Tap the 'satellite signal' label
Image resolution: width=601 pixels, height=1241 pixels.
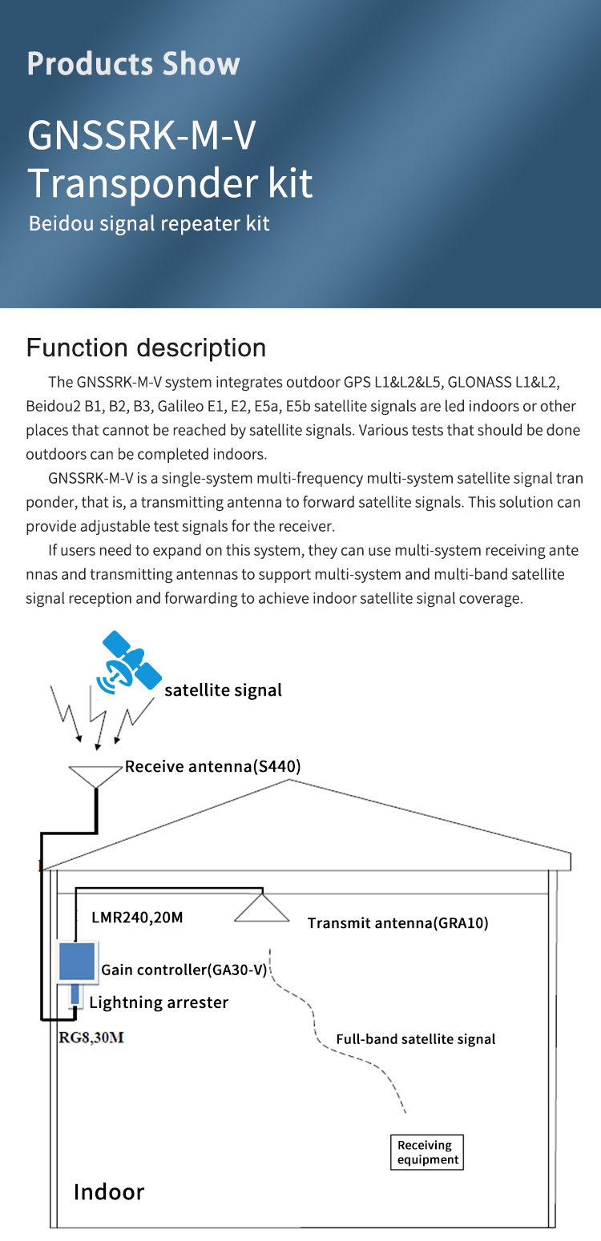pyautogui.click(x=223, y=690)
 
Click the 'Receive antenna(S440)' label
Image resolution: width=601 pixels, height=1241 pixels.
pyautogui.click(x=212, y=766)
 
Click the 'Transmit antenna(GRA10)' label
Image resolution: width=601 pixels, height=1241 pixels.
pyautogui.click(x=397, y=922)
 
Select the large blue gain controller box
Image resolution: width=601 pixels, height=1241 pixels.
pyautogui.click(x=77, y=961)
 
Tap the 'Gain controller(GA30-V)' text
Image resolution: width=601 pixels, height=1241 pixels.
pyautogui.click(x=184, y=970)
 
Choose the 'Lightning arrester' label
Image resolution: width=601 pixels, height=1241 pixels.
pyautogui.click(x=159, y=1002)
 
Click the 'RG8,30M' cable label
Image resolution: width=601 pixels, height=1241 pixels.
pyautogui.click(x=91, y=1038)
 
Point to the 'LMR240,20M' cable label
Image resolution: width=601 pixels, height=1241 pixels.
pyautogui.click(x=137, y=917)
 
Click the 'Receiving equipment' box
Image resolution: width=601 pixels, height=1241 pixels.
pyautogui.click(x=427, y=1152)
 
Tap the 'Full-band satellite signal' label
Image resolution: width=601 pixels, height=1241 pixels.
pyautogui.click(x=415, y=1039)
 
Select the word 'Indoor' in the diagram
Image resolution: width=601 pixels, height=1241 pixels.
pyautogui.click(x=109, y=1191)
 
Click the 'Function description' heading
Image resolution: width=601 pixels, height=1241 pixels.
pyautogui.click(x=146, y=347)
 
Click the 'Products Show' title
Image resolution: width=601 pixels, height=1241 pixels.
pyautogui.click(x=133, y=63)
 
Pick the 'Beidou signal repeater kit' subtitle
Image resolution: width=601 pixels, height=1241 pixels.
pyautogui.click(x=149, y=223)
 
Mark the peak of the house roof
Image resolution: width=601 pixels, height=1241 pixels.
pyautogui.click(x=288, y=780)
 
